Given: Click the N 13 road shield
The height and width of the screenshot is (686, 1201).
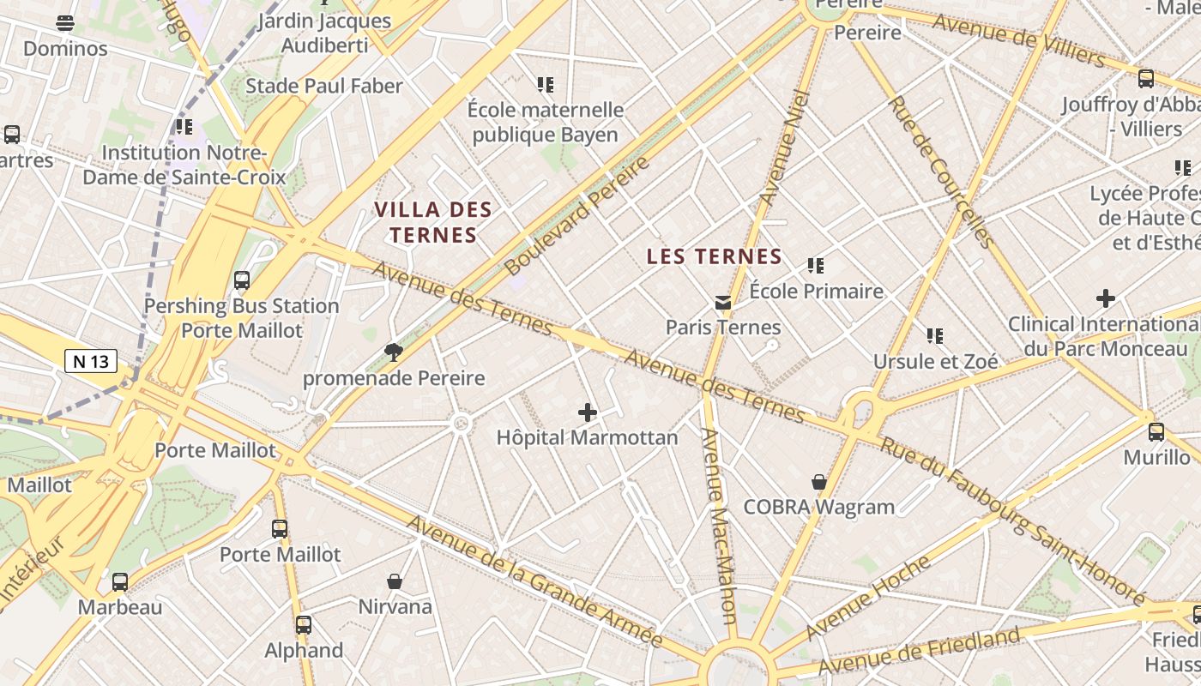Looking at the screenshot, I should click(x=91, y=361).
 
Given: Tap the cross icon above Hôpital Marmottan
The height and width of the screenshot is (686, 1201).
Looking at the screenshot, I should click(x=588, y=413).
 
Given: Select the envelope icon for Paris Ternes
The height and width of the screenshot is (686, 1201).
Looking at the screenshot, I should click(x=723, y=303).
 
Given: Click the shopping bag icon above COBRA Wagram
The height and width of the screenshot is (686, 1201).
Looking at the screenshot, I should click(x=819, y=482).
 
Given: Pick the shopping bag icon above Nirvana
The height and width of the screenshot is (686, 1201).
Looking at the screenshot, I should click(x=395, y=581).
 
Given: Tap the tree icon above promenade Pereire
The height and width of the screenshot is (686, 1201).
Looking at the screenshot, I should click(x=394, y=352).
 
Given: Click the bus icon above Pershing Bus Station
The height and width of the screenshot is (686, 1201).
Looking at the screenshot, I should click(x=242, y=280).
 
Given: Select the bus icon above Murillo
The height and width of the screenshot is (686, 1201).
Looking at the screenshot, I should click(x=1156, y=431).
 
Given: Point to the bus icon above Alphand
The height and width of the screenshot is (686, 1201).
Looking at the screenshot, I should click(x=304, y=625).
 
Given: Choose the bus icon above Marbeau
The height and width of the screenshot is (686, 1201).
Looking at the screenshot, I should click(x=120, y=582).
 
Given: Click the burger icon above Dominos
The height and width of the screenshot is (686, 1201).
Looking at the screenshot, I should click(x=65, y=23).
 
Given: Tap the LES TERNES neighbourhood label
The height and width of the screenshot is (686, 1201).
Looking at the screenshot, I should click(x=715, y=256).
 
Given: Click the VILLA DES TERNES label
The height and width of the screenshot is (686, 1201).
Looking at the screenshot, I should click(x=433, y=222).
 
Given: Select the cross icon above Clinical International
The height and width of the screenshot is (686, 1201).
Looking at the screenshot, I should click(x=1106, y=298).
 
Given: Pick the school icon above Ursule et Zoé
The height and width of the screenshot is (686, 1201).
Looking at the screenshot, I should click(x=935, y=336).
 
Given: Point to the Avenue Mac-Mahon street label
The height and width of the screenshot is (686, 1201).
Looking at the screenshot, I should click(x=718, y=525).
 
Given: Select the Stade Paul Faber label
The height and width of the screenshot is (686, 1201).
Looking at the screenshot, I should click(x=324, y=86).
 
